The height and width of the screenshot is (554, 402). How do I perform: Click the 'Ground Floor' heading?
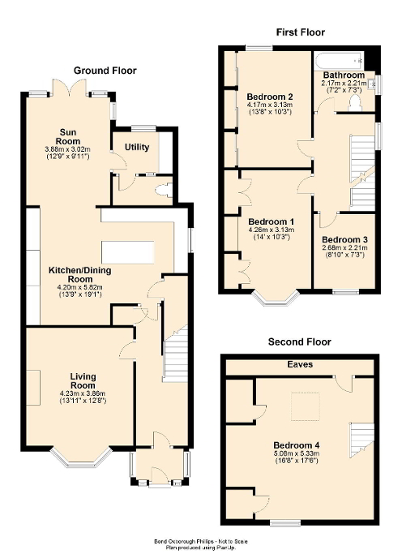click(x=105, y=71)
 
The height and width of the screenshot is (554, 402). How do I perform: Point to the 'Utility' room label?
click(x=135, y=148)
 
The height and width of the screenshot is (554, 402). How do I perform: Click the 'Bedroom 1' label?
click(x=271, y=221)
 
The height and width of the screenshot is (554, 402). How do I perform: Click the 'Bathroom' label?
click(x=343, y=75)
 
